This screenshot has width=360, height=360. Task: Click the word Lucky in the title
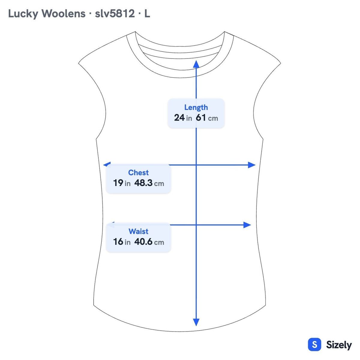[23, 13]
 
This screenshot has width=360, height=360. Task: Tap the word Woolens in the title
[63, 13]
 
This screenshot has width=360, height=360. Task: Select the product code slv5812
[115, 13]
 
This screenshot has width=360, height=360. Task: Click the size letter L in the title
[147, 13]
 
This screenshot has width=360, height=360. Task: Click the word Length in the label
[196, 107]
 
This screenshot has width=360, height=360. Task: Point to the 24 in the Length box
[179, 118]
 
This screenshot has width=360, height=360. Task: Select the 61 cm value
[207, 118]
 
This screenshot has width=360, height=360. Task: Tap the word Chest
[138, 172]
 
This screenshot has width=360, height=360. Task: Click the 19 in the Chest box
[118, 183]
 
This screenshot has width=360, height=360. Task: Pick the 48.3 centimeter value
[149, 183]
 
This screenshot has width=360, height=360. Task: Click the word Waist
[138, 231]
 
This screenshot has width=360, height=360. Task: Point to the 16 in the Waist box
[118, 241]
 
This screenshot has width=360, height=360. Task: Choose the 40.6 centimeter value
[149, 241]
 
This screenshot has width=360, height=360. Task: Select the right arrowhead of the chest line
[252, 165]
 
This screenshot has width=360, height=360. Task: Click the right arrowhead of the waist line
[247, 225]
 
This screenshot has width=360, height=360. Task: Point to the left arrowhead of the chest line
[107, 164]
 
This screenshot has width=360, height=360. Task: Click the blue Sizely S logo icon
[315, 344]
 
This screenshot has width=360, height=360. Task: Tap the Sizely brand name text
[339, 345]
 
